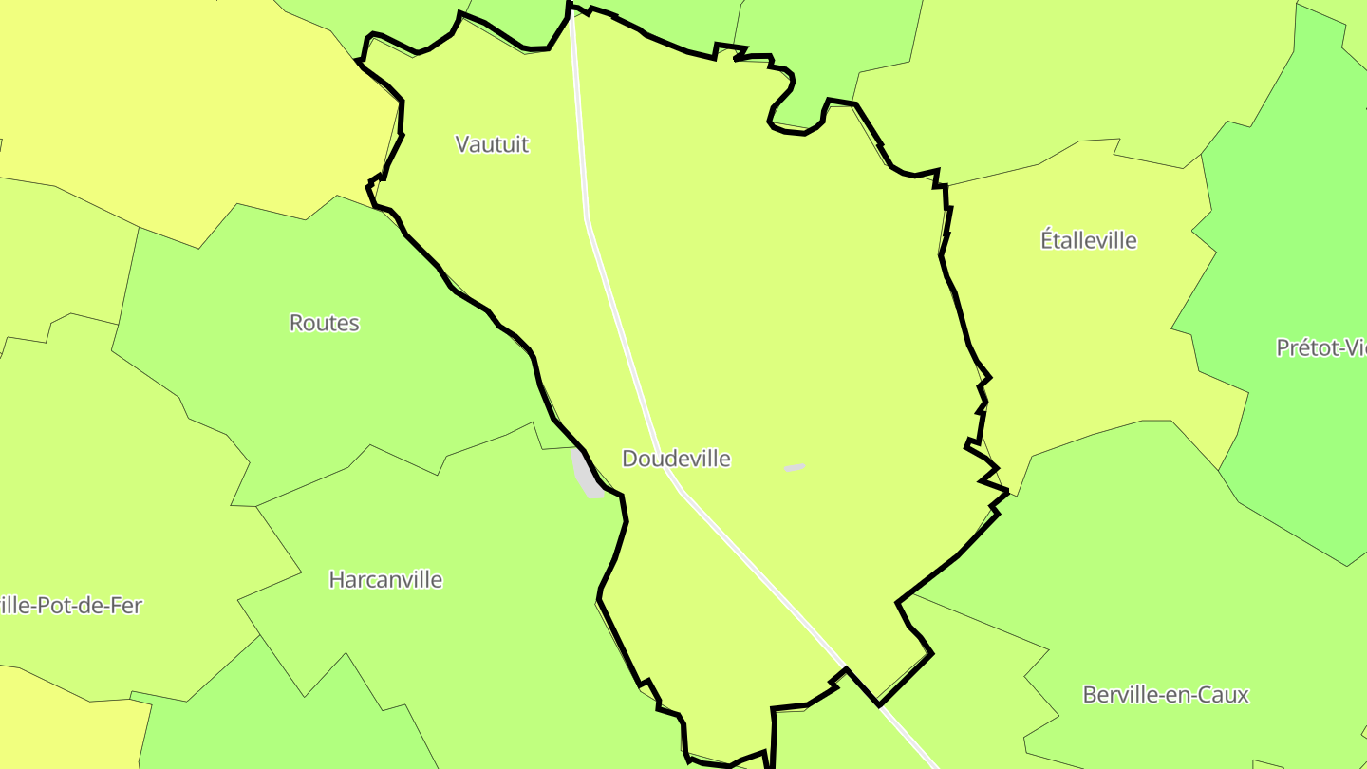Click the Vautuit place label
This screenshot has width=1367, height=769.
[492, 144]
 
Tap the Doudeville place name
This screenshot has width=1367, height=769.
[676, 459]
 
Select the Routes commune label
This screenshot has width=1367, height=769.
[325, 323]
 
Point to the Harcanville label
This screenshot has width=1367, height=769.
[385, 579]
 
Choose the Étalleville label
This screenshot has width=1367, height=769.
[1089, 240]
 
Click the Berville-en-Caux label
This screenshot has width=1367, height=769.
[1166, 694]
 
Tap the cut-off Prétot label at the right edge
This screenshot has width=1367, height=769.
[1320, 347]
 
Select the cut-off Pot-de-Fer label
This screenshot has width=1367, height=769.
[71, 605]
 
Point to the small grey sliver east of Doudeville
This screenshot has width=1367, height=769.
[794, 467]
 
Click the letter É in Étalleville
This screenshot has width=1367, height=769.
[1048, 240]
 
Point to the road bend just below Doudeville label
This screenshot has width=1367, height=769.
[680, 491]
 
